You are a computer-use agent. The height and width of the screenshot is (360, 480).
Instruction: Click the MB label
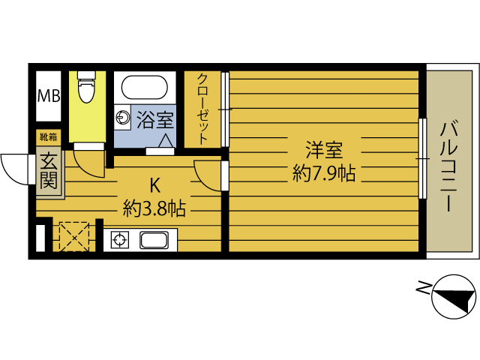(49, 95)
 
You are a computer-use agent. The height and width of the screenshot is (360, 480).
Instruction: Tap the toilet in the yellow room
(85, 89)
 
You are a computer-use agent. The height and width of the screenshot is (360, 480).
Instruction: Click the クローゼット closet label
(203, 108)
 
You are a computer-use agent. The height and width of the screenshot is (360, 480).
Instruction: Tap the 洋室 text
(323, 148)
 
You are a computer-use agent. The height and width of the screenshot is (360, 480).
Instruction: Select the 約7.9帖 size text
(323, 174)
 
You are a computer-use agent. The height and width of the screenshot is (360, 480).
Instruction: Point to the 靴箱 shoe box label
(48, 136)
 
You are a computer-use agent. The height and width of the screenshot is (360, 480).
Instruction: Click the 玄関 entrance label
(49, 171)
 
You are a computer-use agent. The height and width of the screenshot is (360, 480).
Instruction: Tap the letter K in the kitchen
(154, 184)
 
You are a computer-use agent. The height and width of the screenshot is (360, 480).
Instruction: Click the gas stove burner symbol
(118, 241)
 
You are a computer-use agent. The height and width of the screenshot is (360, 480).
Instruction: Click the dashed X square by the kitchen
(73, 237)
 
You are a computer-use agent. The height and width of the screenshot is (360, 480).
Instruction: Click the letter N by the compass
(424, 286)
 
